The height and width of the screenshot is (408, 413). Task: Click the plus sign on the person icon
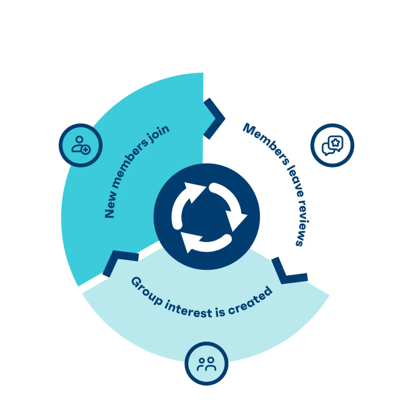click(x=86, y=150)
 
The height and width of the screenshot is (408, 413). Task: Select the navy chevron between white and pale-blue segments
click(x=288, y=272)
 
